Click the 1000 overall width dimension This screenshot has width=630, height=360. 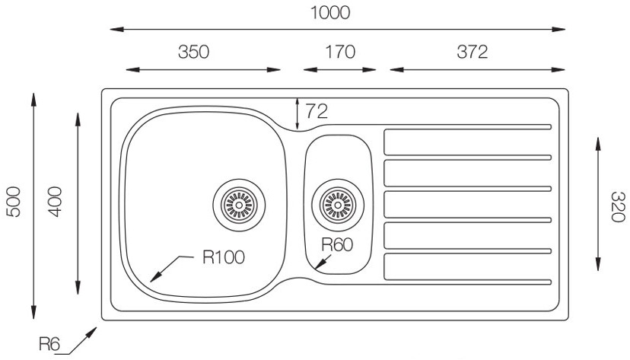pos(329,13)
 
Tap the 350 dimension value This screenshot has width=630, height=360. pos(193,52)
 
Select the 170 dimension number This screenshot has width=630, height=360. pos(339,52)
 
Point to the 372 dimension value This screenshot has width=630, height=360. pos(472,52)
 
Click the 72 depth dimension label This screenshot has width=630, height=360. pos(316,111)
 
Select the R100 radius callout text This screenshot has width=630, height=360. pos(223,257)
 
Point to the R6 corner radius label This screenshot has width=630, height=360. pos(50,344)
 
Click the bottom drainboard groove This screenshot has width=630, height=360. pos(466,267)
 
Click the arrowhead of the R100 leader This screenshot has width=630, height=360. pos(154,278)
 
